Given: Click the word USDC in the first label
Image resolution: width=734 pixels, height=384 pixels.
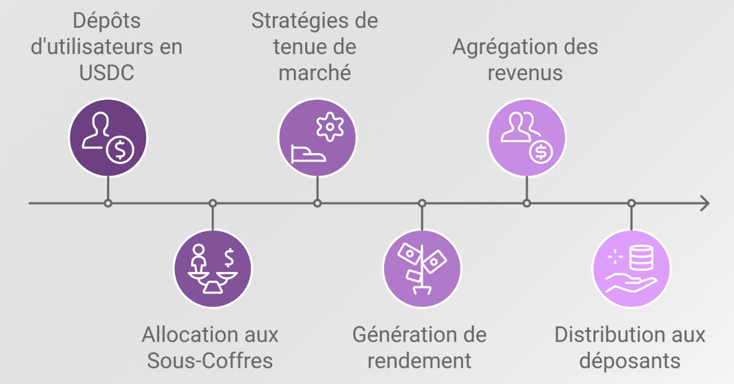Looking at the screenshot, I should click(107, 73).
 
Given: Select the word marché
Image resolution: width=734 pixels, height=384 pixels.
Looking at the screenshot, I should click(314, 73).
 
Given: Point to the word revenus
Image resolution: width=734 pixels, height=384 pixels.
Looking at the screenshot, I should click(525, 73).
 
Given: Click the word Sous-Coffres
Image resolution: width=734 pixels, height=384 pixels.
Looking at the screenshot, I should click(210, 360).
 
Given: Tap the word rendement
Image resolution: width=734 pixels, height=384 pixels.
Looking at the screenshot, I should click(420, 360).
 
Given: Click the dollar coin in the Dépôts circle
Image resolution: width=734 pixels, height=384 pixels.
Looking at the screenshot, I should click(119, 151).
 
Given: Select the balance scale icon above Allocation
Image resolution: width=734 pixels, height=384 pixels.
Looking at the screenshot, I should click(213, 268).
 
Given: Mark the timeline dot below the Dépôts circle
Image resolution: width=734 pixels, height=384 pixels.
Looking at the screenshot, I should click(108, 203).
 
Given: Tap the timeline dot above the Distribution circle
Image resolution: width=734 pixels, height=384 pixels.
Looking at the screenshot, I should click(631, 203).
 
